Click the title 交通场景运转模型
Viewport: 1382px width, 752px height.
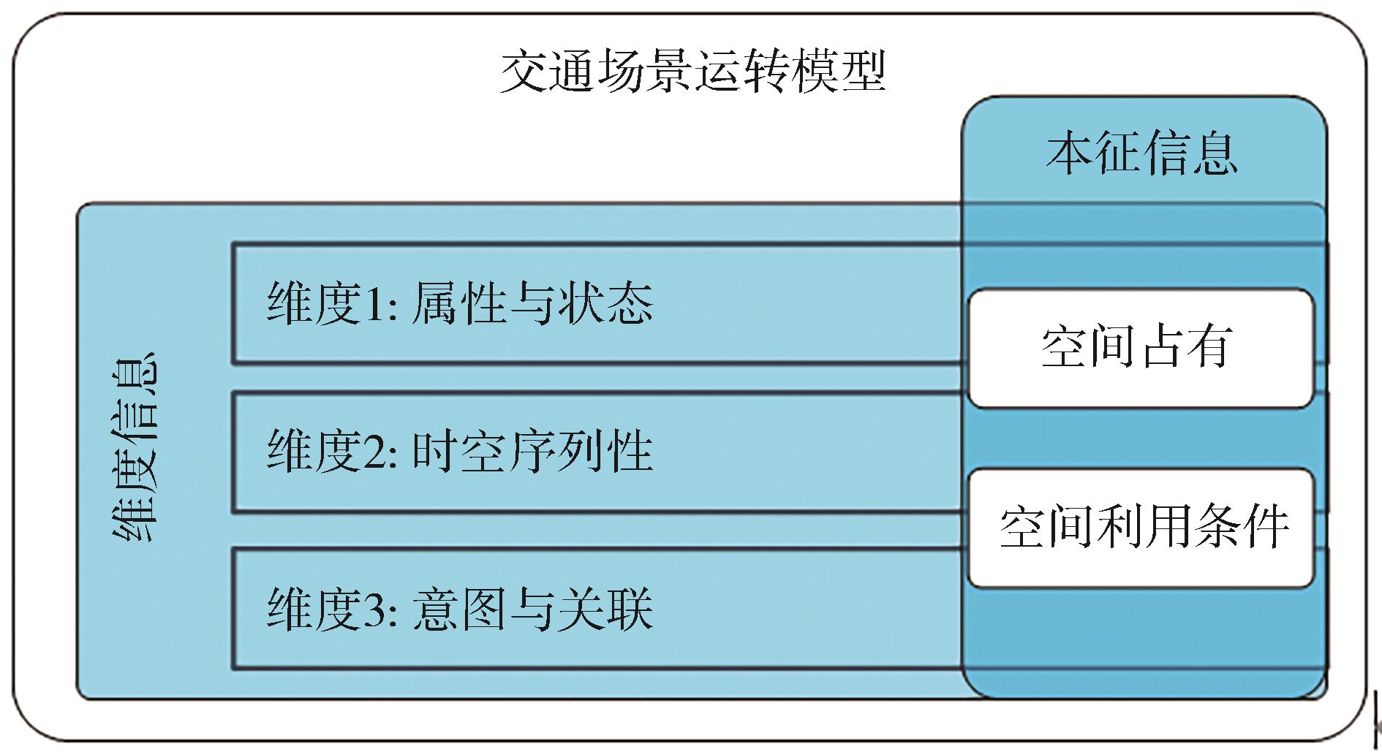692,72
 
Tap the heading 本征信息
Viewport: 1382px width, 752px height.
1141,153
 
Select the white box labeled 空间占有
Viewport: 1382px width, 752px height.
1141,347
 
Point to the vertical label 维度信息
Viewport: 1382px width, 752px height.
135,447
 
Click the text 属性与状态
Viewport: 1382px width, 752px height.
532,304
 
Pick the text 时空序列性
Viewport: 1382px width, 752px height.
532,451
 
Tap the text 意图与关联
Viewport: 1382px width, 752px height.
532,609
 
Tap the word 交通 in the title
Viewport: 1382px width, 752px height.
547,72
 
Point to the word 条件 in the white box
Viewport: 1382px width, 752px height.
1240,527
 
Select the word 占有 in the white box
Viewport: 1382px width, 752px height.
1189,347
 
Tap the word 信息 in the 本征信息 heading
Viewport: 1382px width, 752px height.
1190,153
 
